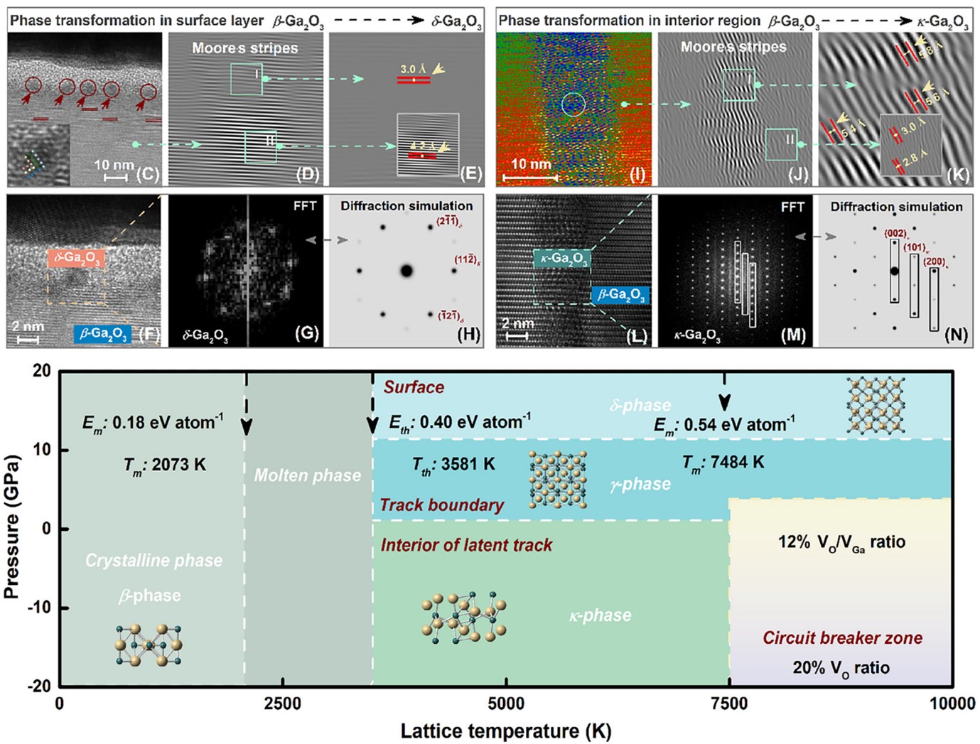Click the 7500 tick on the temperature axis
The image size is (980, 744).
tap(729, 703)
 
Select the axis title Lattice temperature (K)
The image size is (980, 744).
tap(505, 730)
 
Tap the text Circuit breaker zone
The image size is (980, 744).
tap(842, 637)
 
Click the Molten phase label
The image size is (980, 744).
tap(307, 475)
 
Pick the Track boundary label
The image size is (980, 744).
tap(441, 505)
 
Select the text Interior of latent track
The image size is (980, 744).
tap(466, 545)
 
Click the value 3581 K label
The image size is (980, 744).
tap(453, 464)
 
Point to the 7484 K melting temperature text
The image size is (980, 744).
tap(723, 463)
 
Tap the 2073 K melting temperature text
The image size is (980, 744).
tap(165, 465)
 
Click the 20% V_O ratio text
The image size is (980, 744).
tap(841, 668)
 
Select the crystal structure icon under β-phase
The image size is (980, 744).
tap(148, 645)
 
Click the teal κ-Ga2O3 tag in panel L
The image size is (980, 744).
tap(561, 258)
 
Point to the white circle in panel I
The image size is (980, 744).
tap(574, 104)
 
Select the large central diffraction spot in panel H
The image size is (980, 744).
tap(406, 270)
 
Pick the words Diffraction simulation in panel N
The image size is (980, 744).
tap(896, 207)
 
